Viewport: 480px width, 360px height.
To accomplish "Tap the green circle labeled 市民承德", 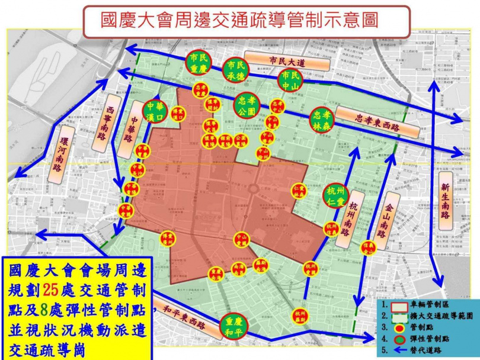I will (x=236, y=70).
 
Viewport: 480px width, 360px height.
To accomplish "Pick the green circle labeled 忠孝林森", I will (x=324, y=120).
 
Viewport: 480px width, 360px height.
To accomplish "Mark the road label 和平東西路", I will (x=183, y=318).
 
